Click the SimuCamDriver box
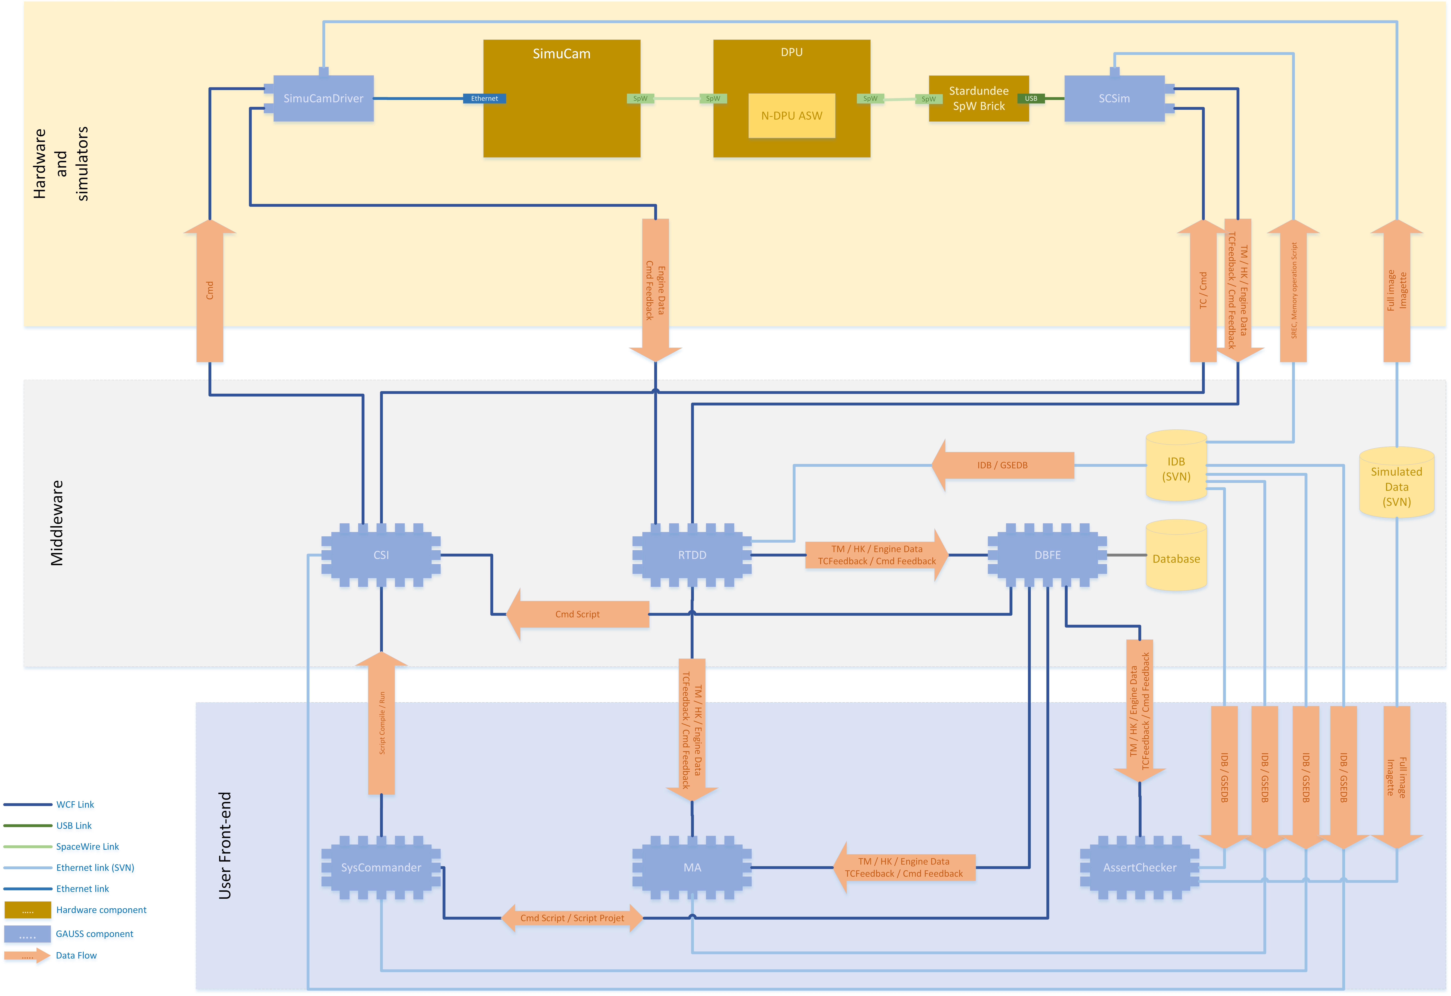click(323, 99)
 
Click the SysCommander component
click(381, 867)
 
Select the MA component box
click(692, 867)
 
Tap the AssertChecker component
click(1139, 867)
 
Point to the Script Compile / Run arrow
click(381, 724)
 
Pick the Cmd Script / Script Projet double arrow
click(572, 918)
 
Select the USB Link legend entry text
click(74, 826)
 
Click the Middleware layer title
click(57, 523)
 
